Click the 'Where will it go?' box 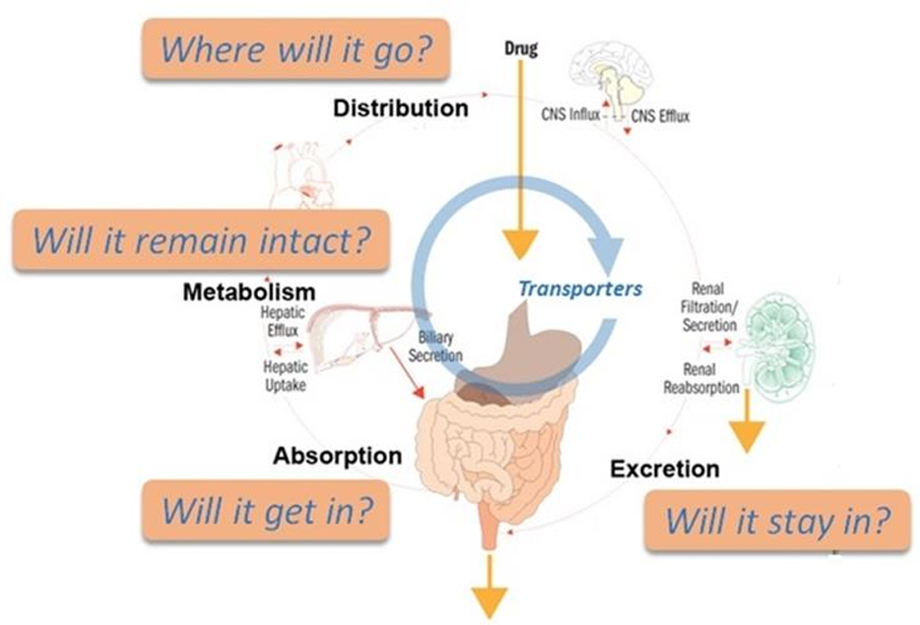tap(296, 49)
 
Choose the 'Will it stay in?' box tap(776, 519)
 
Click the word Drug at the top tap(521, 49)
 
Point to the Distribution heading tap(401, 108)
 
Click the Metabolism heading tap(248, 292)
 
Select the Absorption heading tap(337, 456)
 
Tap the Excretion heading tap(665, 468)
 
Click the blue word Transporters tap(580, 289)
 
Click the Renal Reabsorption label tap(702, 378)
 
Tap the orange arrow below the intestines tap(489, 597)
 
